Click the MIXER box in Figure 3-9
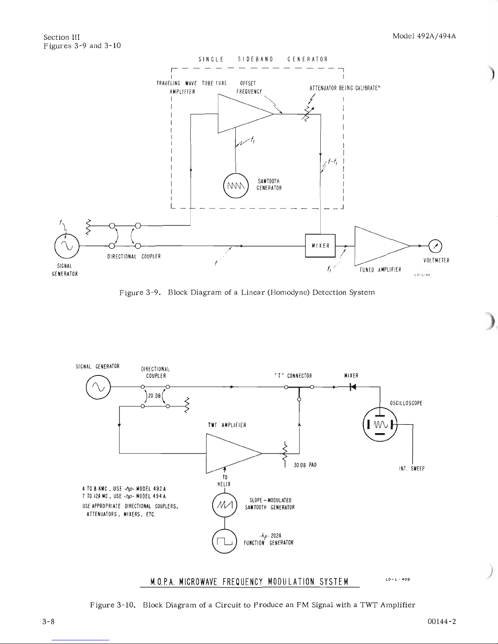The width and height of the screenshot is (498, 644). pyautogui.click(x=320, y=245)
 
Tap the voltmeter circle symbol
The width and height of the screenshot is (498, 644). pyautogui.click(x=435, y=245)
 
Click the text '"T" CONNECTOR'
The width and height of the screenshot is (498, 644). pyautogui.click(x=293, y=376)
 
